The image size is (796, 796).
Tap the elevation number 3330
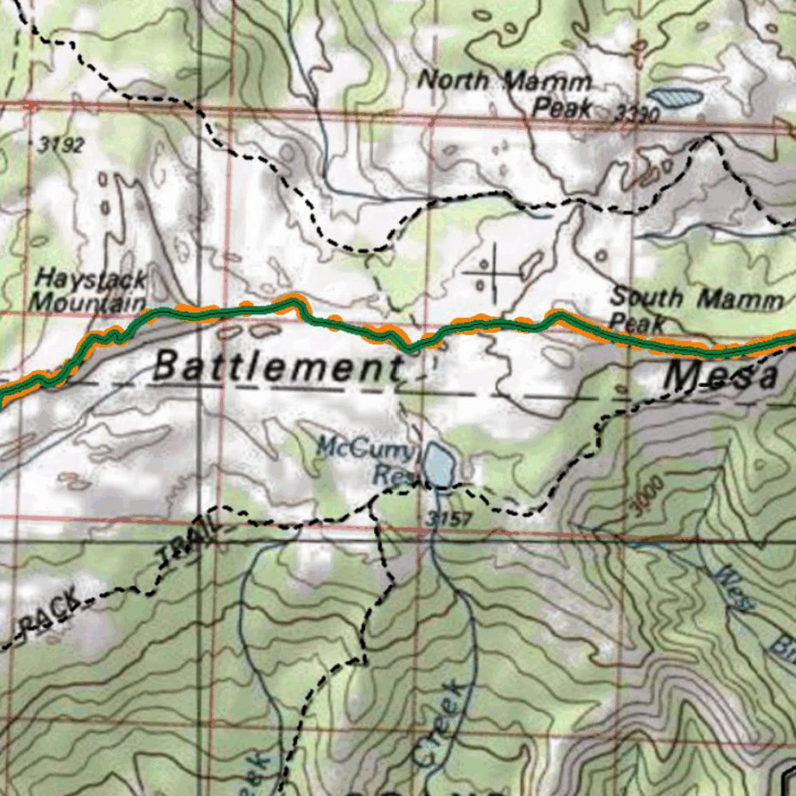(x=636, y=114)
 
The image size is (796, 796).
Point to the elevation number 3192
(x=60, y=145)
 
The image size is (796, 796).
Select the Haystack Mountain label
(x=90, y=290)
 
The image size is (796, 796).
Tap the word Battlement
(x=276, y=366)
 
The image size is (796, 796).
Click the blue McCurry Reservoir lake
(x=438, y=466)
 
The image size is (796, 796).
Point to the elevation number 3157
(x=449, y=518)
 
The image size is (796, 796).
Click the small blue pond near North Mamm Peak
(x=674, y=97)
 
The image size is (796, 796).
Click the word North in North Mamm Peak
(x=455, y=79)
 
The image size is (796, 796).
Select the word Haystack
(x=91, y=279)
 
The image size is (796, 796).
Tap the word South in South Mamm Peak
(x=647, y=297)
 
